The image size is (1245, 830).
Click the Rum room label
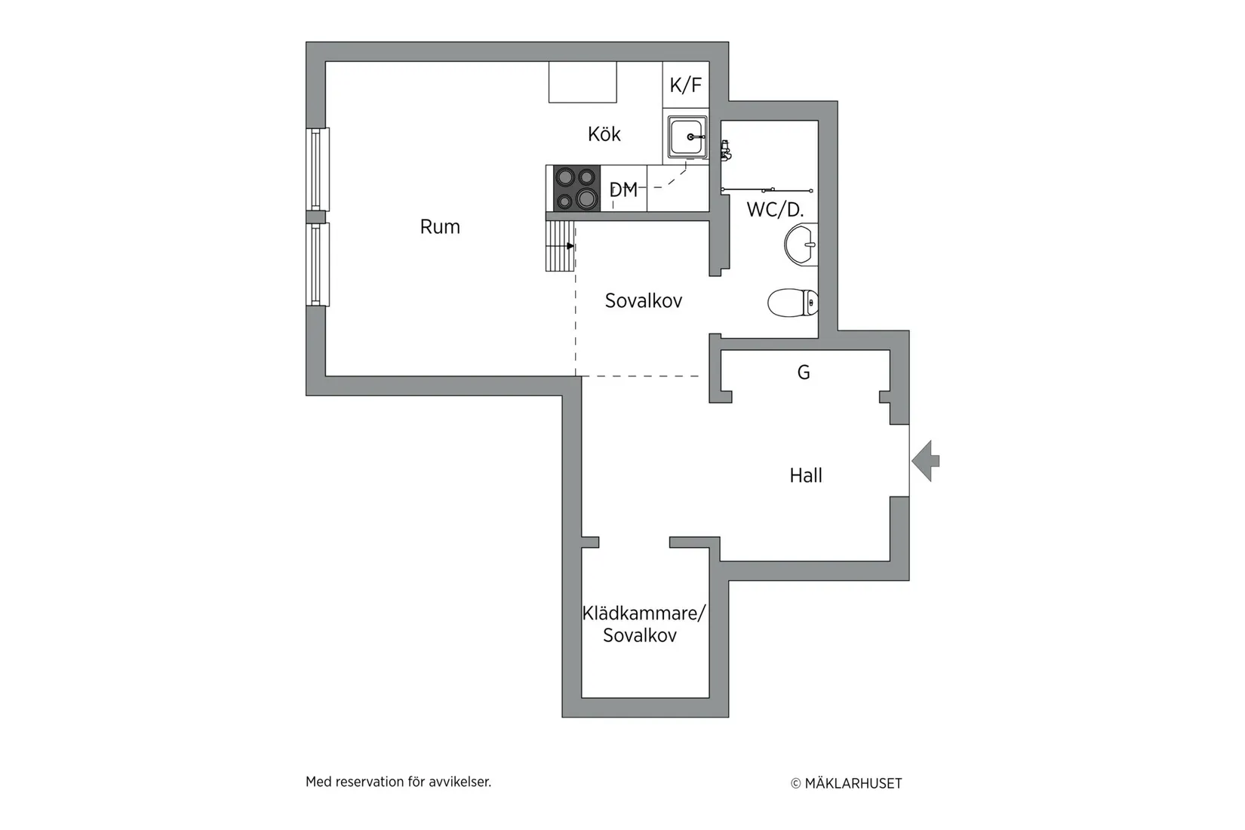(x=440, y=226)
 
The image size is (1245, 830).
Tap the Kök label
(x=604, y=134)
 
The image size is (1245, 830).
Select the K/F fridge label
(x=685, y=85)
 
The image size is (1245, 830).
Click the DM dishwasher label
(x=623, y=190)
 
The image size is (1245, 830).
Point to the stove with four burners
(x=576, y=189)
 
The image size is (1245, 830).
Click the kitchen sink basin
(x=687, y=137)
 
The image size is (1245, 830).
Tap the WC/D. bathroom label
(x=775, y=210)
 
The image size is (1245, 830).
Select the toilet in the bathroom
(x=792, y=303)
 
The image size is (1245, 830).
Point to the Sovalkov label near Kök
(x=643, y=301)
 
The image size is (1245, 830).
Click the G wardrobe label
(x=804, y=372)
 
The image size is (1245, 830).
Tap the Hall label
(x=806, y=475)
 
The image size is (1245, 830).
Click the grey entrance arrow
(x=926, y=460)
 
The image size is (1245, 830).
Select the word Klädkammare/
(x=643, y=613)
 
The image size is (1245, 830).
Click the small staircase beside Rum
(x=560, y=246)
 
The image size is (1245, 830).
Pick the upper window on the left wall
(x=318, y=169)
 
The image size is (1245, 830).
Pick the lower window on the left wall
(x=318, y=264)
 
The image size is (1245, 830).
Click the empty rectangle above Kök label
(x=583, y=81)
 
